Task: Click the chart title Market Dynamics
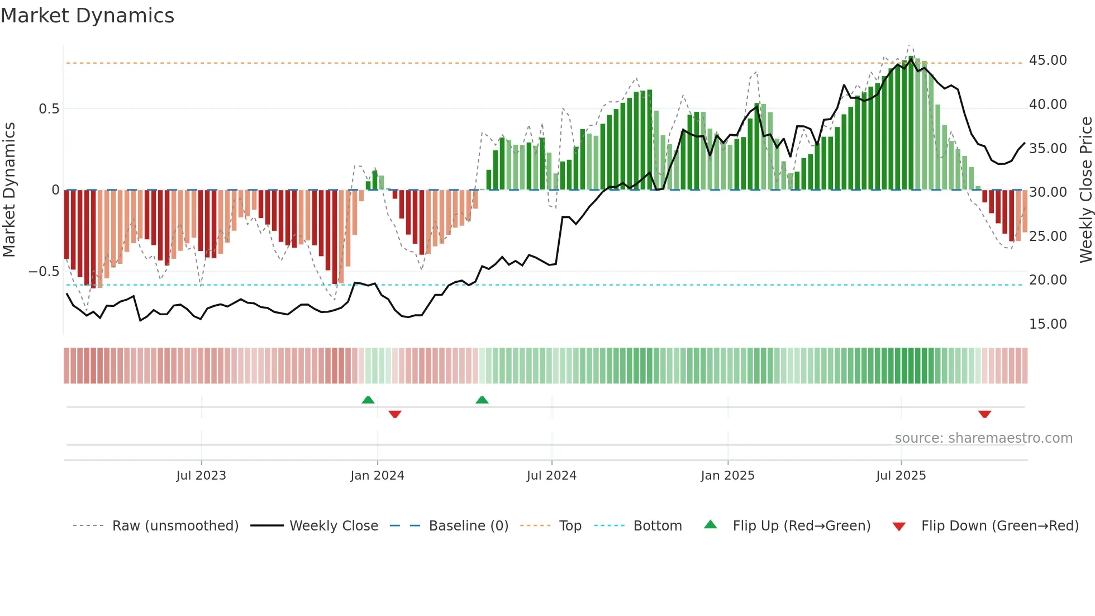(x=87, y=16)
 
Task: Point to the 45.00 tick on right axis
(x=1048, y=60)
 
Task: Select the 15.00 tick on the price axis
(x=1048, y=324)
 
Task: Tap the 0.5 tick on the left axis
(x=49, y=109)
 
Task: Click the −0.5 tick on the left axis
(x=44, y=272)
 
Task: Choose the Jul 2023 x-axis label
(x=201, y=476)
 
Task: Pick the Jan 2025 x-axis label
(x=727, y=476)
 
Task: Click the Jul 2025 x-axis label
(x=901, y=476)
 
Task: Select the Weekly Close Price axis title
(x=1086, y=190)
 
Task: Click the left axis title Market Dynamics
(x=9, y=190)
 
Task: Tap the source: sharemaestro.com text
(x=983, y=438)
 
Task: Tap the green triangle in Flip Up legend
(x=710, y=524)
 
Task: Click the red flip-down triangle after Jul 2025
(x=984, y=414)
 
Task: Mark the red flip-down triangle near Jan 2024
(x=395, y=414)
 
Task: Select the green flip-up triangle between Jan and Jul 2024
(x=482, y=400)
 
